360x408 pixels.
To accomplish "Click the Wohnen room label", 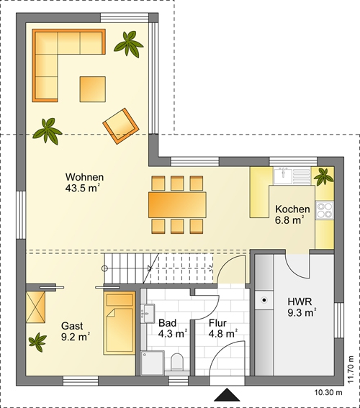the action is (x=84, y=182).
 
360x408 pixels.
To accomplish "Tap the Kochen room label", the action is (x=292, y=214).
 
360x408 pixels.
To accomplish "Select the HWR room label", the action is (x=302, y=307).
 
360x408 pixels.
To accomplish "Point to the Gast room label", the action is (x=76, y=331).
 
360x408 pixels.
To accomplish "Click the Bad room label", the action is (x=173, y=328).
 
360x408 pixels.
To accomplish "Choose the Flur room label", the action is (x=222, y=328).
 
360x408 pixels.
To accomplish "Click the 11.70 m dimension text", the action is (x=351, y=369).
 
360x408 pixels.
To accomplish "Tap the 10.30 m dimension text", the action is (x=328, y=392).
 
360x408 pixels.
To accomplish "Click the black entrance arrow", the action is (x=227, y=395).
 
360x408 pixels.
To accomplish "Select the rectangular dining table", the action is (x=177, y=205).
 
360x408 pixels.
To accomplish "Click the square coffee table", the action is (x=93, y=89).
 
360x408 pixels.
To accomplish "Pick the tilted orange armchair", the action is (x=121, y=126).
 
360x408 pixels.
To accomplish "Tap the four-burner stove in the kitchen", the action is (x=325, y=210).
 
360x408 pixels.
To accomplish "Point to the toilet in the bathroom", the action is (x=177, y=361).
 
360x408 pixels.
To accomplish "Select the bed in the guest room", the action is (x=120, y=323).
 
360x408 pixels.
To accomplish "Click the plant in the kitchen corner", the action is (x=323, y=177).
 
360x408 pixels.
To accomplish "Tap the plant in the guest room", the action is (x=38, y=342).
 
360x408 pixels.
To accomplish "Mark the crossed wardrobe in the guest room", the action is (x=36, y=307).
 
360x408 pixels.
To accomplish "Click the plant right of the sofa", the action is (x=129, y=44).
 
